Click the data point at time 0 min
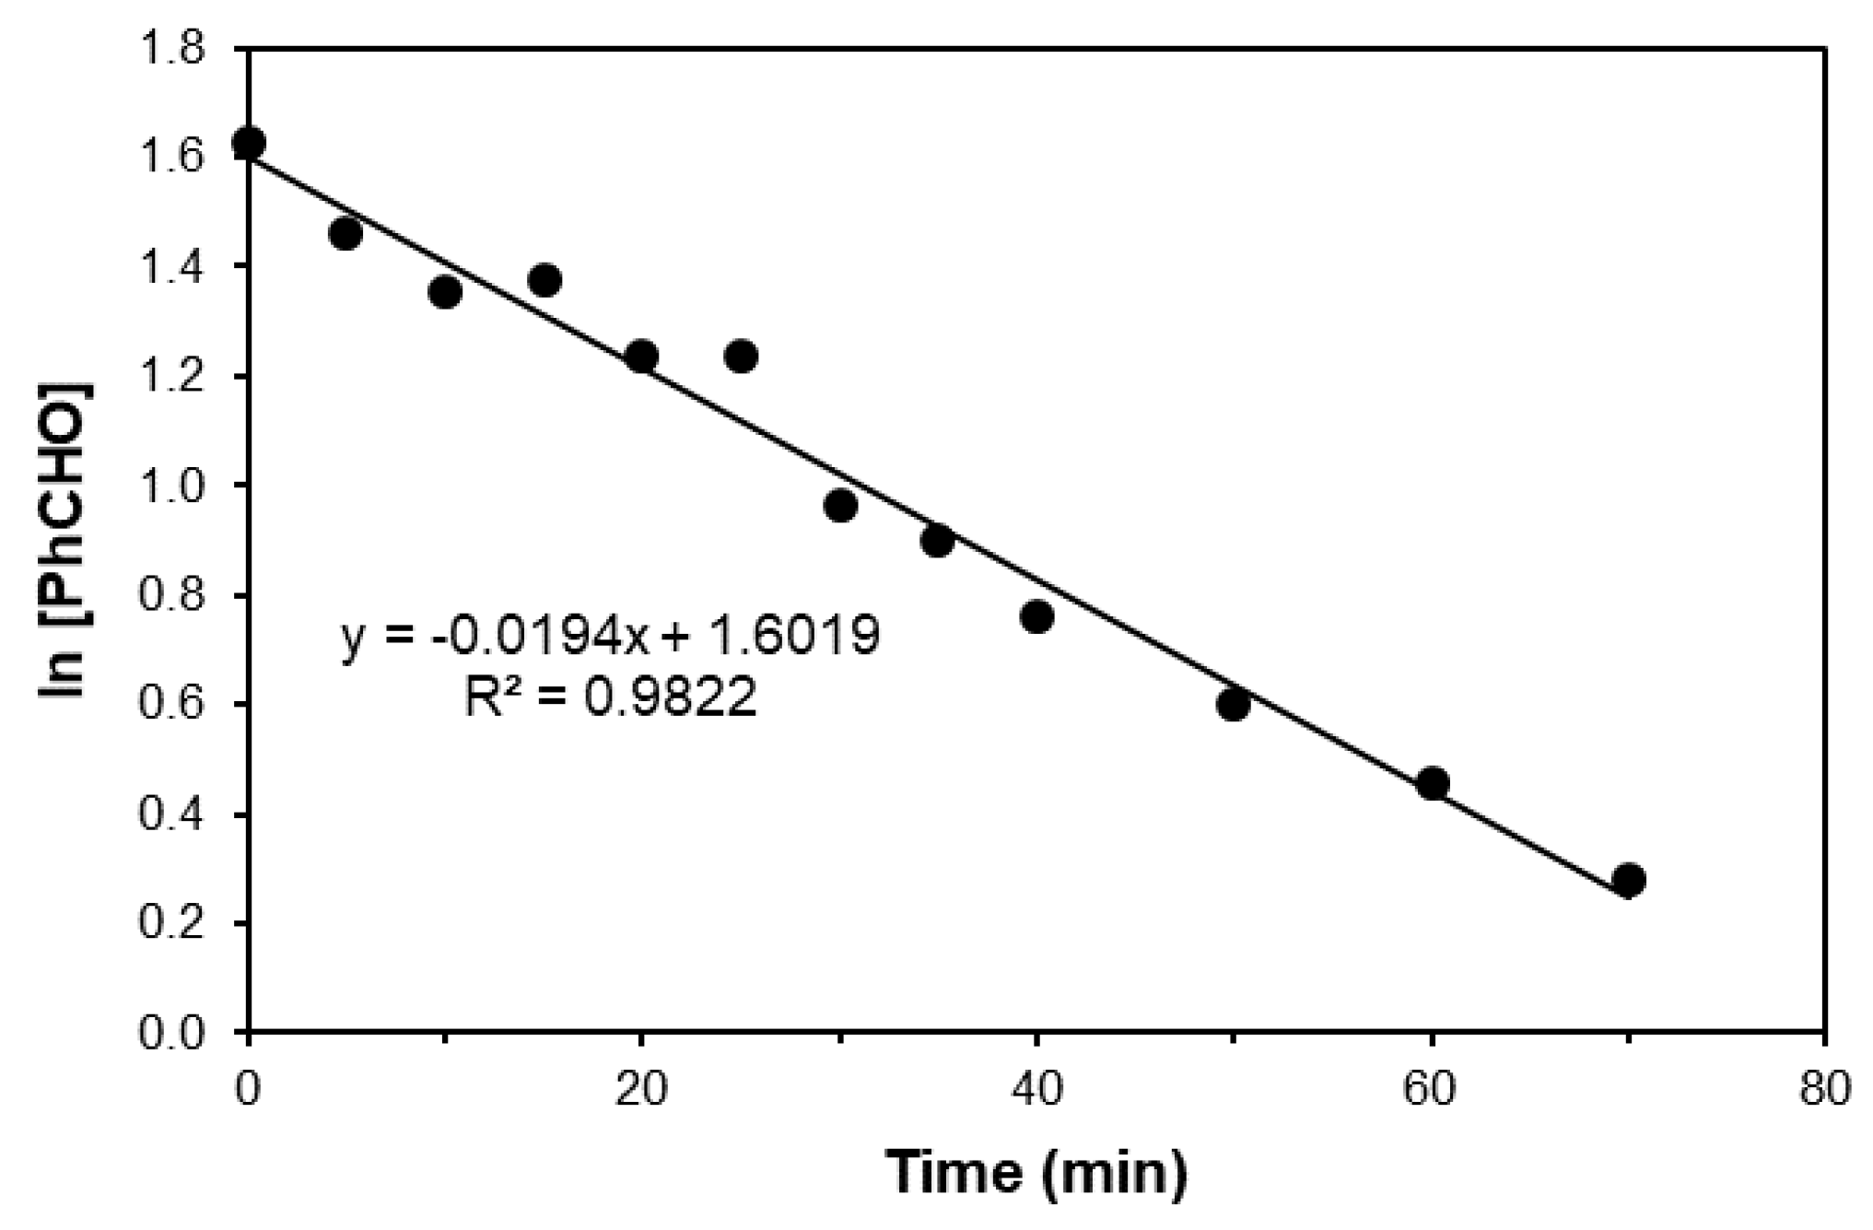click(x=249, y=144)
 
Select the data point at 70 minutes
click(x=1628, y=880)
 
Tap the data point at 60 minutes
click(x=1432, y=784)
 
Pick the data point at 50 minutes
click(x=1234, y=705)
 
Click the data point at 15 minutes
click(x=544, y=280)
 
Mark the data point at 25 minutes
click(x=741, y=356)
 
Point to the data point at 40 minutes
click(x=1037, y=616)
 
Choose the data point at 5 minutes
click(x=345, y=234)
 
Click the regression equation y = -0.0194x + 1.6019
click(x=611, y=636)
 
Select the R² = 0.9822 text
click(x=610, y=698)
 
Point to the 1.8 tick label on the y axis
click(x=183, y=48)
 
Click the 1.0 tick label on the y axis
click(x=183, y=486)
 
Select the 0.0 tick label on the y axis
click(x=183, y=1032)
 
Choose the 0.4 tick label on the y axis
click(x=183, y=814)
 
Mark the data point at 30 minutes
click(x=840, y=506)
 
